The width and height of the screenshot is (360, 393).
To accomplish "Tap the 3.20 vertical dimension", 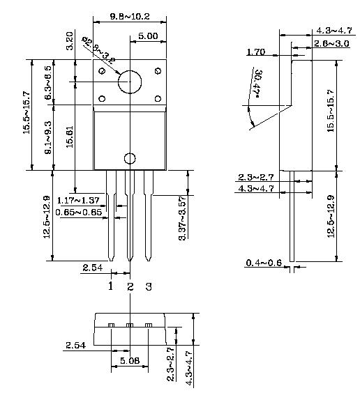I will (x=69, y=40).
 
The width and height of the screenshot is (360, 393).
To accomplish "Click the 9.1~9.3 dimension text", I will (x=47, y=137).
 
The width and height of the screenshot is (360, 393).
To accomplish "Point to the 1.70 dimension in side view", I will (x=256, y=52).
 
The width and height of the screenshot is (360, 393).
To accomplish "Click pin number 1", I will (x=110, y=286).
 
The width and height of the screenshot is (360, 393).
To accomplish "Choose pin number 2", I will (x=130, y=286).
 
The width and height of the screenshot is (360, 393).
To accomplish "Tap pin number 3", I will (x=148, y=286).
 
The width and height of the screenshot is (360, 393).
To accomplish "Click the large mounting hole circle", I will (x=128, y=82).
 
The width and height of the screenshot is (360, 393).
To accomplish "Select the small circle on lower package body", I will (x=129, y=159).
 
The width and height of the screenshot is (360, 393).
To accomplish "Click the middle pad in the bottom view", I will (x=129, y=325).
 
